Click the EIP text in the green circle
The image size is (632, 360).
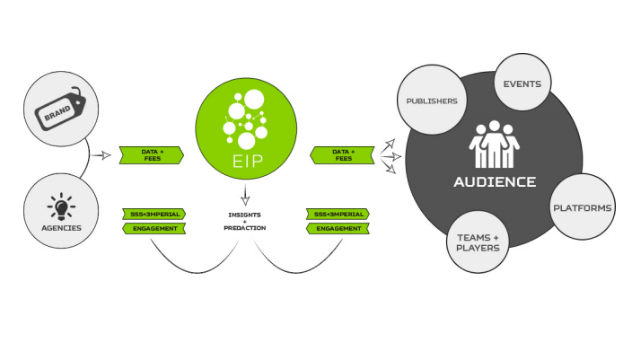244,162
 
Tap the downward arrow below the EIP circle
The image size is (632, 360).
244,195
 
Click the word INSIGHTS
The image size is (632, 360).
244,215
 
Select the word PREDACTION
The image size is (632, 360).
244,229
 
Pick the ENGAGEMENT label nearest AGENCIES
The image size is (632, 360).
154,229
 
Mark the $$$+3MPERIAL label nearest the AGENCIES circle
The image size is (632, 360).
154,215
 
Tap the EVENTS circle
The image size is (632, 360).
522,83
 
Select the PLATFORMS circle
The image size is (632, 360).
582,207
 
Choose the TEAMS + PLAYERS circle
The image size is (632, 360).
478,242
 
